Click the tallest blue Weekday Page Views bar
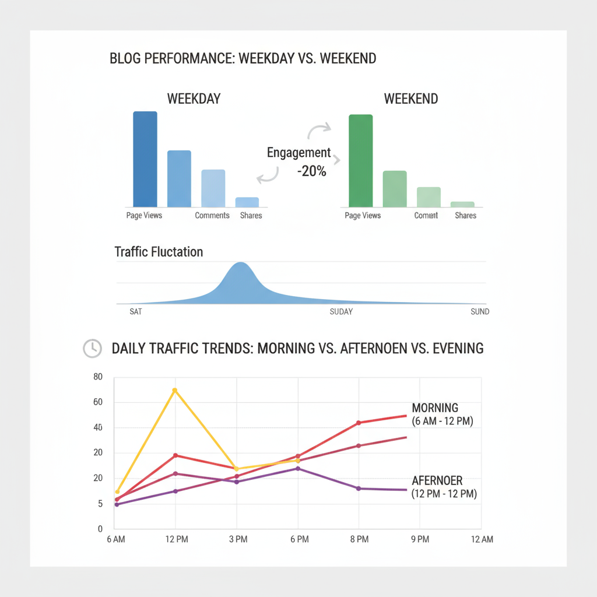(145, 159)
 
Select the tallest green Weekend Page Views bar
(360, 160)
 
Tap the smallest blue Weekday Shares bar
(247, 202)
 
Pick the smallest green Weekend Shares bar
(462, 204)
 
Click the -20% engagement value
(311, 171)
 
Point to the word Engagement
(298, 153)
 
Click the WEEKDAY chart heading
(194, 99)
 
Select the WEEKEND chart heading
(411, 99)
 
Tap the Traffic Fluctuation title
(159, 252)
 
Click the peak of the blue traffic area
(240, 264)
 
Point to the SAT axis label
(135, 312)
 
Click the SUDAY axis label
(341, 312)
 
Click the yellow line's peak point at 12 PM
(174, 390)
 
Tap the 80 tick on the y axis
(97, 377)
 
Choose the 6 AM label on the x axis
(116, 539)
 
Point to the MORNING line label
(435, 408)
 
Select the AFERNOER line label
(437, 481)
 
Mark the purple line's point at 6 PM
(298, 468)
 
